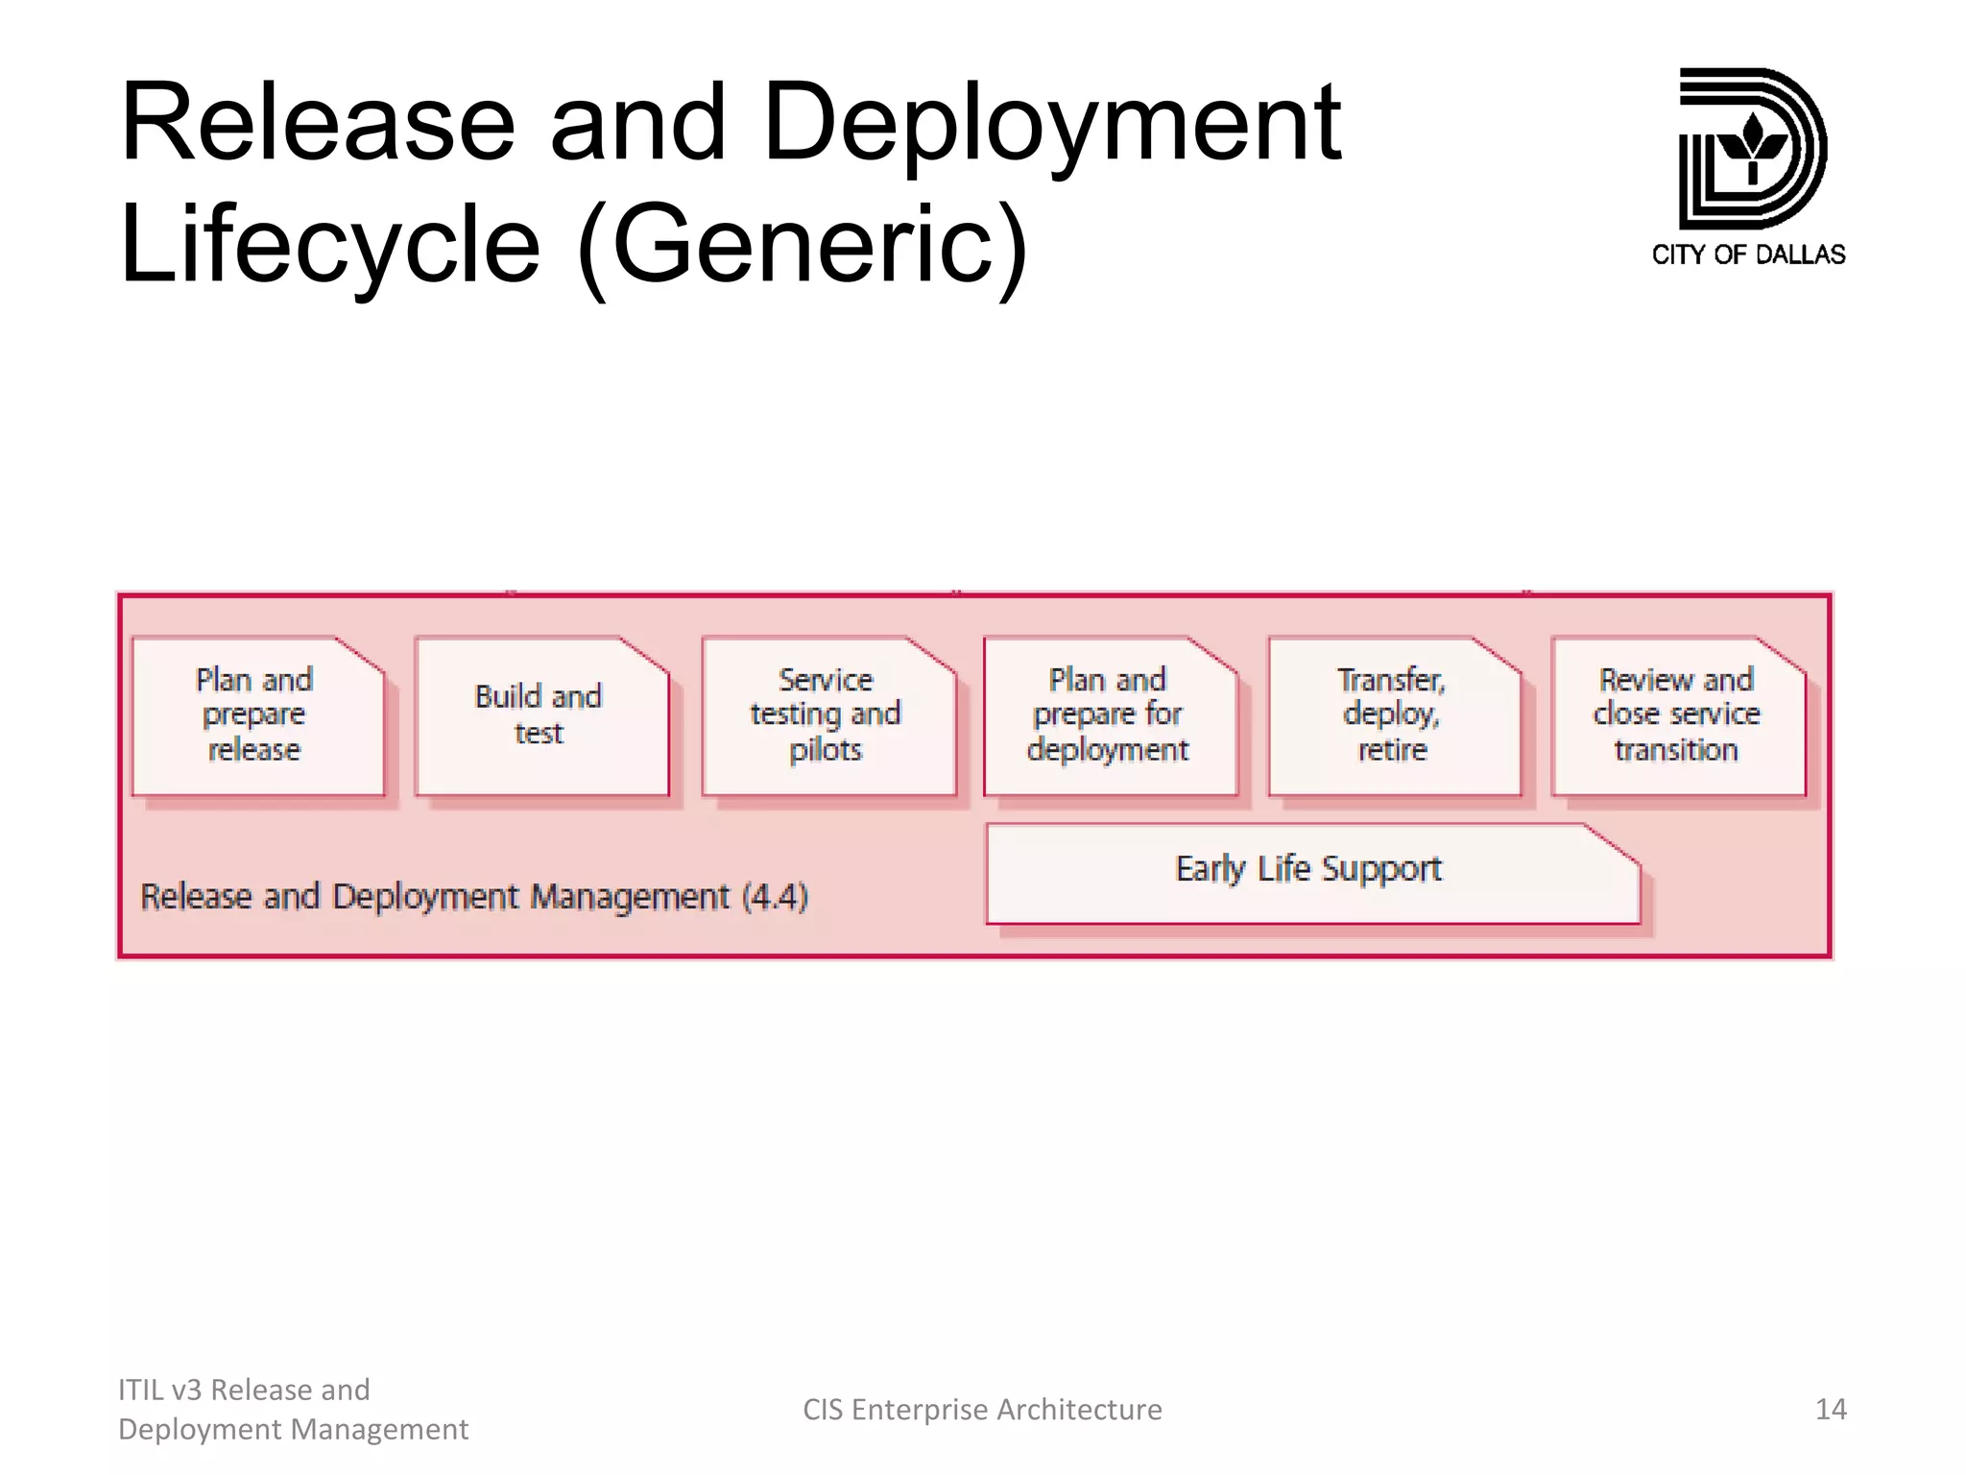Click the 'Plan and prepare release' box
256,715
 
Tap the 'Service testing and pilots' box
827,715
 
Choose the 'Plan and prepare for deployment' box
1109,715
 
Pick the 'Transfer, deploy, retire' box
1393,715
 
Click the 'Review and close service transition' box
1677,715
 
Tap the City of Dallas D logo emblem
1751,148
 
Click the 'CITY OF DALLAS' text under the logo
1748,254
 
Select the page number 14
1830,1409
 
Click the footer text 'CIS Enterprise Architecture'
982,1409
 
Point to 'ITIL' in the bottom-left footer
139,1390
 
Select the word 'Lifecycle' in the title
329,245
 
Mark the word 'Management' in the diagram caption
630,897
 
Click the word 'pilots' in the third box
826,750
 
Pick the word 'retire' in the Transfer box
1392,750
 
